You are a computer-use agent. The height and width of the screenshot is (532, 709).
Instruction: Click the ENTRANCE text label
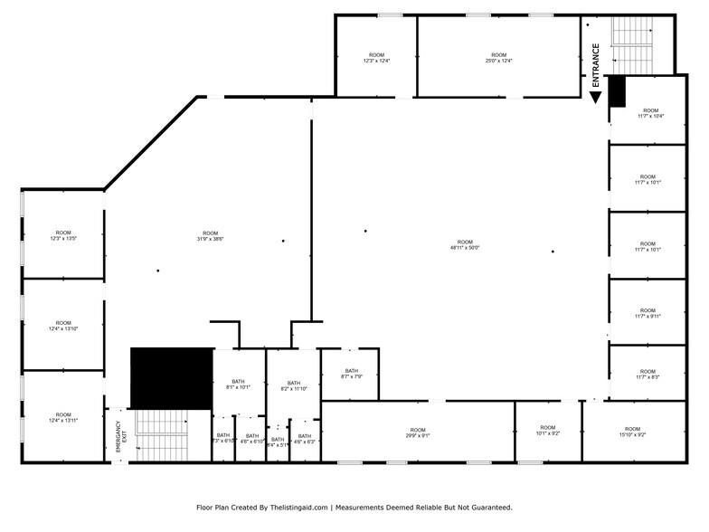click(x=596, y=64)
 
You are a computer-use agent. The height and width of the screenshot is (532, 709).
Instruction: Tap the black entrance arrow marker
click(x=596, y=96)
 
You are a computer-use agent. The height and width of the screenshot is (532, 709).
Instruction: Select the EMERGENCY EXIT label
click(x=118, y=437)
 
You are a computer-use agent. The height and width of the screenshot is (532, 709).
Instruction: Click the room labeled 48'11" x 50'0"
click(x=464, y=244)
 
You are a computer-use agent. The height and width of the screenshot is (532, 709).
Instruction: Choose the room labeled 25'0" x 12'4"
click(x=498, y=58)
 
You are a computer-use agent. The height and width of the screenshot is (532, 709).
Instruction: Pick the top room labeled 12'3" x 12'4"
click(x=375, y=58)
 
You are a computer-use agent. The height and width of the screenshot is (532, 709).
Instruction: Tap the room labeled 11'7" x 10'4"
click(x=650, y=113)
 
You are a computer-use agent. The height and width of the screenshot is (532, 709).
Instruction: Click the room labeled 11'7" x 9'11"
click(x=648, y=313)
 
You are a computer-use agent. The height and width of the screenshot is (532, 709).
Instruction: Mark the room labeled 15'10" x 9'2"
click(x=632, y=432)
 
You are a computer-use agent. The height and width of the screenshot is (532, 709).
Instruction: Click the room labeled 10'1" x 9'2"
click(x=548, y=431)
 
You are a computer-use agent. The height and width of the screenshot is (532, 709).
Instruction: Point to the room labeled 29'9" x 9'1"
click(x=417, y=432)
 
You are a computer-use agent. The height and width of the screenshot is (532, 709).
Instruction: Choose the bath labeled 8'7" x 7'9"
click(x=351, y=374)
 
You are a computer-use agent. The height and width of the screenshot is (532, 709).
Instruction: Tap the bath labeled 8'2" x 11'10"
click(x=293, y=386)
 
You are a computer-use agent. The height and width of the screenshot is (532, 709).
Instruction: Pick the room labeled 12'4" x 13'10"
click(x=62, y=326)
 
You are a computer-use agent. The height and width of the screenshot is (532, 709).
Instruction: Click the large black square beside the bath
click(x=171, y=377)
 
